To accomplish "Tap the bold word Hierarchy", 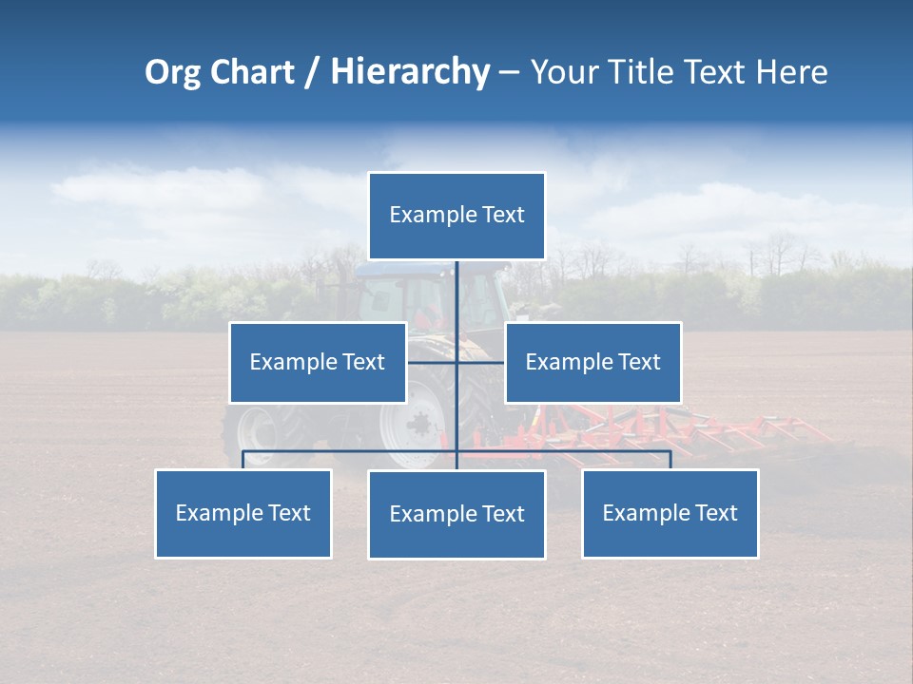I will pyautogui.click(x=409, y=72).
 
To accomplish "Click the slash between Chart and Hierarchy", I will pyautogui.click(x=312, y=72).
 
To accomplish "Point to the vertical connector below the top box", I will pyautogui.click(x=457, y=294).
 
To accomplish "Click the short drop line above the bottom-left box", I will pyautogui.click(x=243, y=460).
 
